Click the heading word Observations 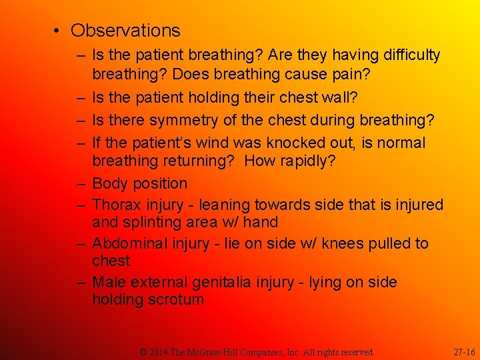125,31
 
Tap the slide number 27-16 464,351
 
